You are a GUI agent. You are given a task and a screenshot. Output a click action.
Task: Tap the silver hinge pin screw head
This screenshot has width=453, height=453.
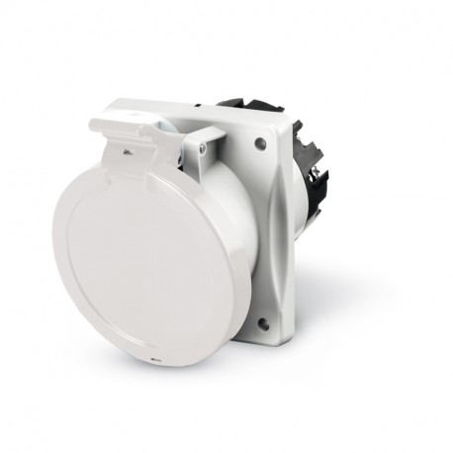[x=202, y=147]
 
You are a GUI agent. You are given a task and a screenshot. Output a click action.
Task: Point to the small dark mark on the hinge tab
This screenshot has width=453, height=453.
[x=128, y=151]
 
